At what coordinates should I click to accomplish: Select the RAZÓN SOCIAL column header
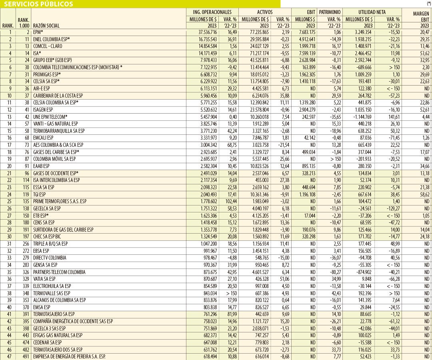(46, 26)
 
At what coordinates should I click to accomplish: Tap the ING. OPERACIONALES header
(212, 12)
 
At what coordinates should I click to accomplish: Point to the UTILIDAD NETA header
(372, 12)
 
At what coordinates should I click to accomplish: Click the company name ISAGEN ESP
(43, 110)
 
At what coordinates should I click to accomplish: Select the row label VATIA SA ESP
(44, 279)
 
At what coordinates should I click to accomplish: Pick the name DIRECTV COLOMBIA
(50, 258)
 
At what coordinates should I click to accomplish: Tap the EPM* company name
(38, 32)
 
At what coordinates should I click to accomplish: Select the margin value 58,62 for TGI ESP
(424, 194)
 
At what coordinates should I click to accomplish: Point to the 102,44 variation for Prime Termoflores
(230, 202)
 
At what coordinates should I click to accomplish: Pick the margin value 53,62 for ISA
(424, 53)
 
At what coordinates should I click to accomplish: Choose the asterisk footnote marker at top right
(429, 3)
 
